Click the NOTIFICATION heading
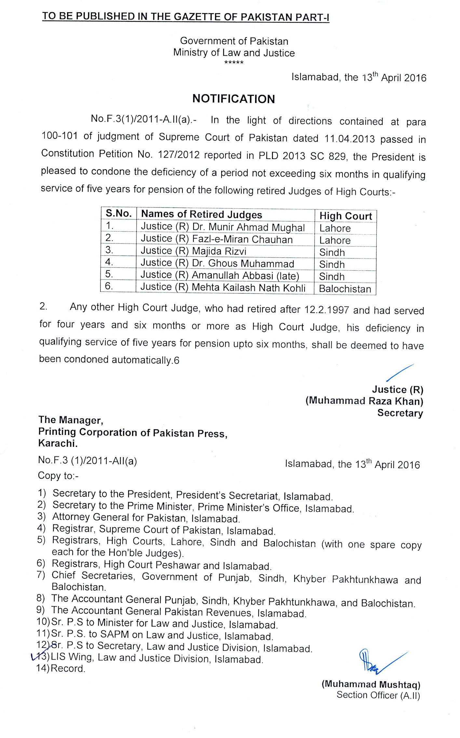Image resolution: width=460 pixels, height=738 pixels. (234, 99)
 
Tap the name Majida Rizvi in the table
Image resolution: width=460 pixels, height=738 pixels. (219, 251)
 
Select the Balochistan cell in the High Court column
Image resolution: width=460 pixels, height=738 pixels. (345, 289)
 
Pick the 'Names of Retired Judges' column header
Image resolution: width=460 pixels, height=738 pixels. (201, 214)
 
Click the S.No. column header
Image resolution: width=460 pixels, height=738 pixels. (118, 214)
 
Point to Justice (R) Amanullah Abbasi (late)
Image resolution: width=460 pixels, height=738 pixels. (220, 275)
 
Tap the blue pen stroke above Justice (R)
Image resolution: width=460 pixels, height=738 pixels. (400, 372)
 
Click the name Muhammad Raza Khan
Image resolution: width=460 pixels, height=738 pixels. (364, 401)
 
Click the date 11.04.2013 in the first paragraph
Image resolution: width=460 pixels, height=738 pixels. (350, 139)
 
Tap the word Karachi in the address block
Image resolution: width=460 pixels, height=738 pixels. (58, 443)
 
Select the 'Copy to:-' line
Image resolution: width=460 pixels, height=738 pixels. (58, 475)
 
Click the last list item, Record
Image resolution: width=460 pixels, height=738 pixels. (68, 668)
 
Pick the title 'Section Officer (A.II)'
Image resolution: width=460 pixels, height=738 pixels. (378, 695)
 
